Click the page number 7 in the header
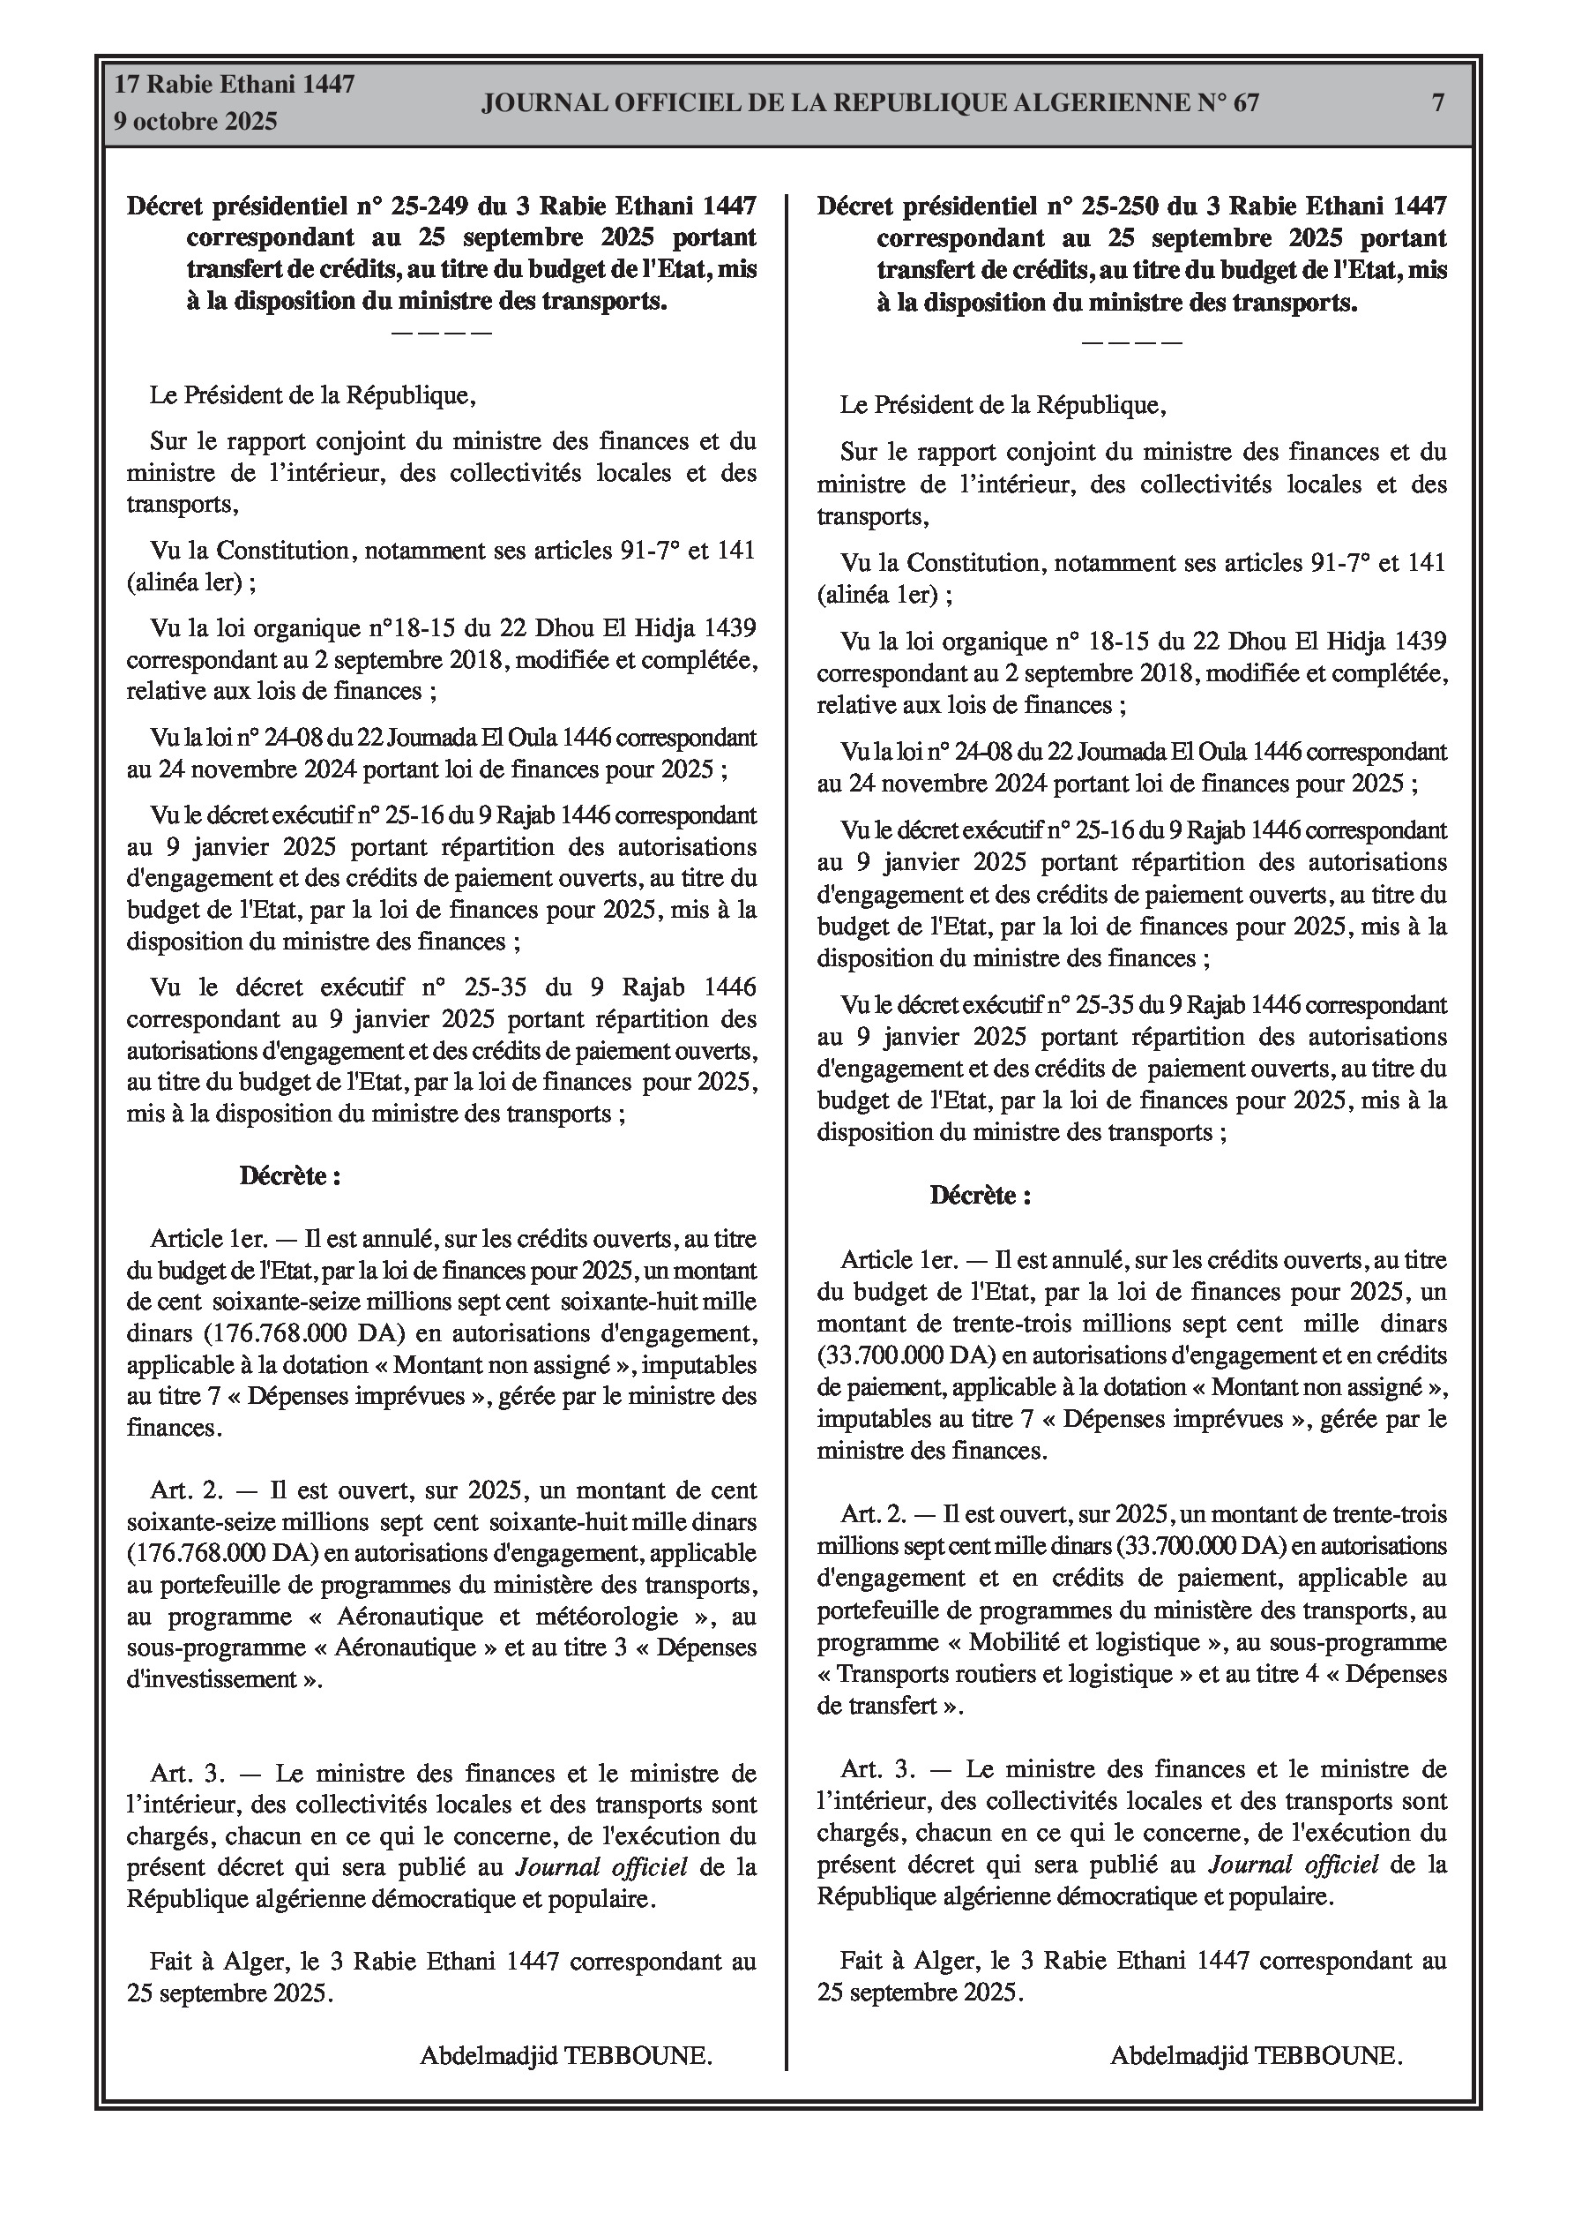(x=1438, y=103)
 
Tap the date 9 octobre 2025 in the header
(x=196, y=122)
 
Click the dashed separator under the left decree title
(x=442, y=334)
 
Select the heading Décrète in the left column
(x=289, y=1176)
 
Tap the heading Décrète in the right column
(x=979, y=1195)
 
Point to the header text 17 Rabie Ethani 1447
(x=235, y=85)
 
